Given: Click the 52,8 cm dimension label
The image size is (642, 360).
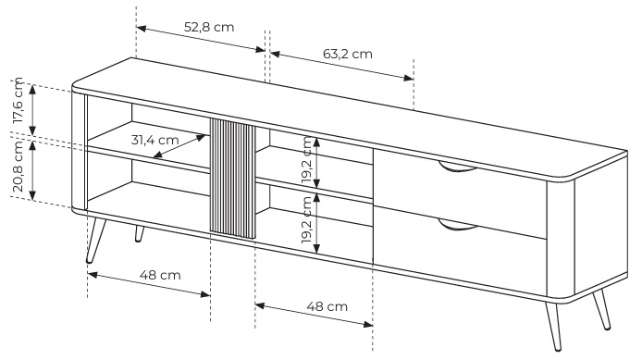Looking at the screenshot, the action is pyautogui.click(x=209, y=27).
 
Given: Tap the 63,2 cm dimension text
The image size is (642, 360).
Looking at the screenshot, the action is pyautogui.click(x=348, y=54).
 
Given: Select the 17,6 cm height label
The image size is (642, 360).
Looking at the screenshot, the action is pyautogui.click(x=18, y=101).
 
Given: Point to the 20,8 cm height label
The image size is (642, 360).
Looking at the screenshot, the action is pyautogui.click(x=18, y=166).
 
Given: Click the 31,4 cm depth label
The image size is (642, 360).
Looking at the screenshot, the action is pyautogui.click(x=154, y=140).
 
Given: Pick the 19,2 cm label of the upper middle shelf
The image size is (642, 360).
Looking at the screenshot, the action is pyautogui.click(x=307, y=159).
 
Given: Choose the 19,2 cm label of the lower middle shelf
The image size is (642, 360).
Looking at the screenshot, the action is pyautogui.click(x=307, y=220).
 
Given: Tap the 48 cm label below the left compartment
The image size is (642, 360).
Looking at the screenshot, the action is pyautogui.click(x=160, y=275).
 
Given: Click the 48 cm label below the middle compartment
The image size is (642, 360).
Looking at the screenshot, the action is pyautogui.click(x=327, y=306).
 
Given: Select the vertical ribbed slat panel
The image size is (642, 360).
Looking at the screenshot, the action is pyautogui.click(x=232, y=179).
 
